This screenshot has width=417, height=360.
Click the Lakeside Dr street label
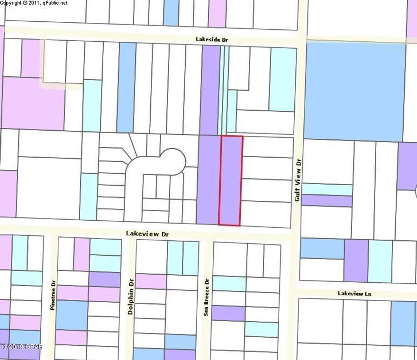tap(212, 40)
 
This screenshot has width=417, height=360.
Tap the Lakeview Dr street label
tap(147, 234)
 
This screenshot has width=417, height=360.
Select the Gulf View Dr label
tap(298, 180)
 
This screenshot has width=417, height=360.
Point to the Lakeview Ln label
tap(354, 293)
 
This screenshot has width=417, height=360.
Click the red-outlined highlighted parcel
tap(231, 180)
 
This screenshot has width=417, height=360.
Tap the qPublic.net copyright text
tap(34, 3)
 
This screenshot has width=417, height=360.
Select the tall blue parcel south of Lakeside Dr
tap(126, 87)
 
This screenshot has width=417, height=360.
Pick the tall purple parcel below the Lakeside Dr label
tap(210, 90)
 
